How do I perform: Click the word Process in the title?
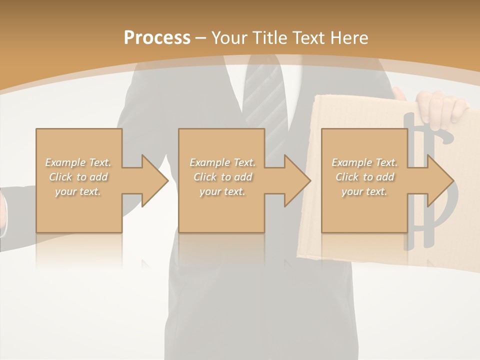[x=157, y=38]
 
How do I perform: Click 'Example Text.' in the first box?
[x=78, y=162]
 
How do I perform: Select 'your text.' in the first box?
[x=78, y=191]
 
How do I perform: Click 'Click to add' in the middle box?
[x=222, y=177]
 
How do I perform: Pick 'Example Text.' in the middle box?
[x=222, y=162]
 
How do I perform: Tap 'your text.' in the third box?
[x=364, y=191]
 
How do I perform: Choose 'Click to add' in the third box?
[x=364, y=177]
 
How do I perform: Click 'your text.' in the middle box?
[x=222, y=191]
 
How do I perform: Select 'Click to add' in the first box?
[x=78, y=177]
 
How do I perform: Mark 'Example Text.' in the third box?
[x=364, y=162]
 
